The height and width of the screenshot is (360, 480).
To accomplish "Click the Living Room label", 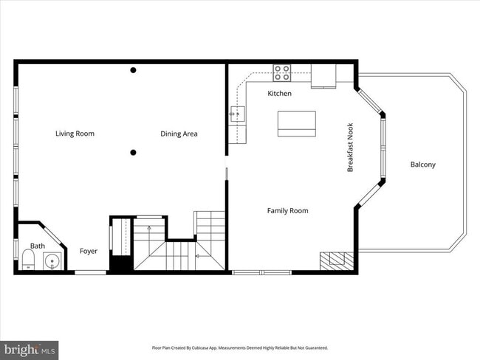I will tap(75, 134).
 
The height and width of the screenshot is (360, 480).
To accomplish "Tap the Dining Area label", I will tap(179, 134).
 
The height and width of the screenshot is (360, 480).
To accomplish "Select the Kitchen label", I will tap(279, 94).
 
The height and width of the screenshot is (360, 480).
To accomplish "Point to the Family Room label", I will tap(287, 211).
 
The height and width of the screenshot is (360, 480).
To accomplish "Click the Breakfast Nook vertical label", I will tap(351, 148).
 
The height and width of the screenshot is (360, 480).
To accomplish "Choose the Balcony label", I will tap(422, 165).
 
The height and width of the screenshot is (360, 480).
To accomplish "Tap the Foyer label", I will tap(89, 252).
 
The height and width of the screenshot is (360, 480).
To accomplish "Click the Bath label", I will tap(37, 246).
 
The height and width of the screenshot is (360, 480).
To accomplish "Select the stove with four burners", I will tap(282, 73).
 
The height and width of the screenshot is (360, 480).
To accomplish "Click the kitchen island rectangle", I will tap(296, 123).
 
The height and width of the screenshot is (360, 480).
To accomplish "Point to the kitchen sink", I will tap(236, 112).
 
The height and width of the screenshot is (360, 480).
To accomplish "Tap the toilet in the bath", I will tap(27, 260).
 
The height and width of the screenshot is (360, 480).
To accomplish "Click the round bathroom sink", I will tap(51, 260).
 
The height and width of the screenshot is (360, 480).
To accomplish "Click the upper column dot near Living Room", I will tap(133, 70).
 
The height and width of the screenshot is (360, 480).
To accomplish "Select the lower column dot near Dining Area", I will tap(133, 153).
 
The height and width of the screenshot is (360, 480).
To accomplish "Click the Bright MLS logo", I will tap(30, 349).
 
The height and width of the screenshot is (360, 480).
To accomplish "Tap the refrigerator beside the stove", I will tap(323, 75).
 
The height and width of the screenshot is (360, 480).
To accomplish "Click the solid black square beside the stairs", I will tap(120, 262).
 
